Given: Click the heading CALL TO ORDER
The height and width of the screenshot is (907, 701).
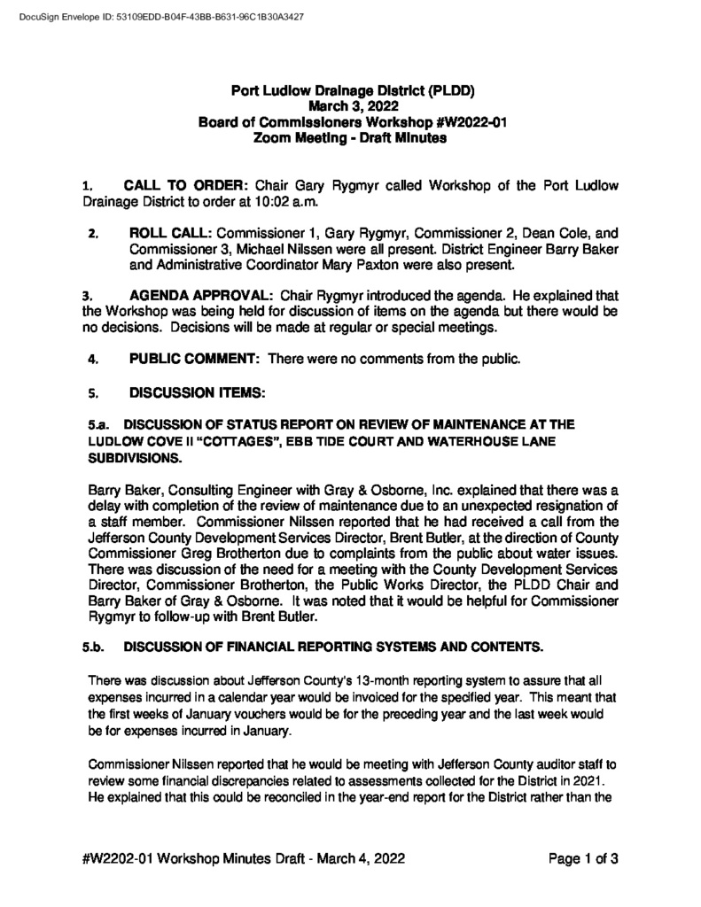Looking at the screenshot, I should pos(186,186).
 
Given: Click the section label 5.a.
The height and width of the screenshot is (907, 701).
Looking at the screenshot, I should pos(97,424).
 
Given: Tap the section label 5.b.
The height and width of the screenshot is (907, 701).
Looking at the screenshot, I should pos(94,647).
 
